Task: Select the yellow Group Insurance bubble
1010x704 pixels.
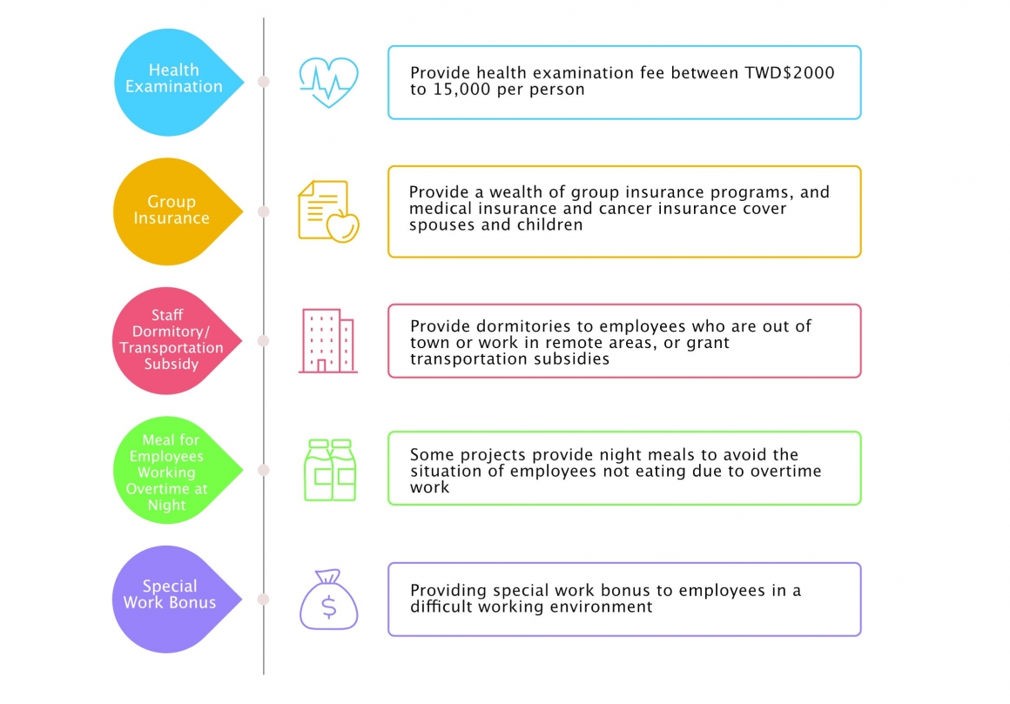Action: click(171, 211)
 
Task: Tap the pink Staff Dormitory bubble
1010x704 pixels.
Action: click(171, 340)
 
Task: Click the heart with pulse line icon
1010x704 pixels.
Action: click(327, 82)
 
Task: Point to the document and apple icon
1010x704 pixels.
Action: click(328, 211)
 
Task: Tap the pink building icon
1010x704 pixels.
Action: click(327, 341)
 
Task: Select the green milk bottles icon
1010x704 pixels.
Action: click(329, 470)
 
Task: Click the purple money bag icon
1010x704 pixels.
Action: click(328, 600)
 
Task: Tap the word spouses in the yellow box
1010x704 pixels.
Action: click(441, 225)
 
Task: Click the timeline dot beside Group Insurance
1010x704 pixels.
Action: click(264, 211)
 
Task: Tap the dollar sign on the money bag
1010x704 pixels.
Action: click(328, 606)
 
